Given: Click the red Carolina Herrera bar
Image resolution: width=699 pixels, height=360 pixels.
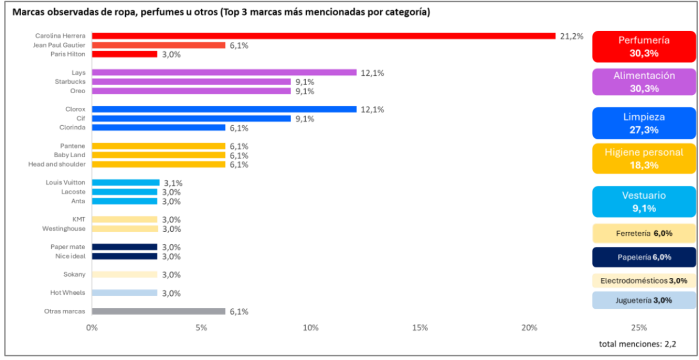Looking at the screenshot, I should tap(323, 36).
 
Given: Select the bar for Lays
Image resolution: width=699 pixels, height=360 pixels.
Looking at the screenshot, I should tap(224, 73).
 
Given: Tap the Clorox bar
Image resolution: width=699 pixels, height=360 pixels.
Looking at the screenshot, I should tap(224, 110).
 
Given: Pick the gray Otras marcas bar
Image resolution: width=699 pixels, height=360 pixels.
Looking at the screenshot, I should tap(158, 312).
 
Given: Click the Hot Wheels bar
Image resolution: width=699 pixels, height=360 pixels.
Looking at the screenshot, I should tap(125, 293).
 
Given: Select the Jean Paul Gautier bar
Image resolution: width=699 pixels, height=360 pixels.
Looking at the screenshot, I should tap(158, 45).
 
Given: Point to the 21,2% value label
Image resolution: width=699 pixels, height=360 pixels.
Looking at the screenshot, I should tap(571, 36).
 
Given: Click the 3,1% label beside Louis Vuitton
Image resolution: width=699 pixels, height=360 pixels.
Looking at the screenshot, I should tap(172, 183).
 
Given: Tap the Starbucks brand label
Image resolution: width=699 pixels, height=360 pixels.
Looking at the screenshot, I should tap(70, 82).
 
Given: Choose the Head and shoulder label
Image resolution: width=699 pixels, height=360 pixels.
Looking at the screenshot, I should tap(57, 165).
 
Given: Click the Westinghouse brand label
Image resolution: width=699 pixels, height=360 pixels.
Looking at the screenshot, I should tap(63, 229).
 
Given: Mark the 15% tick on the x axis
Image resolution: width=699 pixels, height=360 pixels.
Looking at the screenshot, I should tap(420, 328).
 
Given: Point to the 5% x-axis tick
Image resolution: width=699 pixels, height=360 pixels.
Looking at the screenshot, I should tap(202, 328).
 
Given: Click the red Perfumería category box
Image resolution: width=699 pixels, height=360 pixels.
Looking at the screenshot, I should tap(644, 47).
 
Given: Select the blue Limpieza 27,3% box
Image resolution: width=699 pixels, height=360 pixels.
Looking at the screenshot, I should tap(644, 123).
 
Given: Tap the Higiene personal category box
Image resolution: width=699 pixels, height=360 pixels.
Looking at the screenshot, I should tap(644, 158).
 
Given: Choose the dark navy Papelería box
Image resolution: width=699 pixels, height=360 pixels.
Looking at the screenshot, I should tap(644, 257).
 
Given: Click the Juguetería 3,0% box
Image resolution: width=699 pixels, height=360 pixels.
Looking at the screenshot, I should tap(644, 301).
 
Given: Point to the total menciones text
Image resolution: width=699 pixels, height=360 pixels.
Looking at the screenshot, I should tap(637, 344).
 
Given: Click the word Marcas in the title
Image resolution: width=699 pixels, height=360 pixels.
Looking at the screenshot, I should tap(26, 12).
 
